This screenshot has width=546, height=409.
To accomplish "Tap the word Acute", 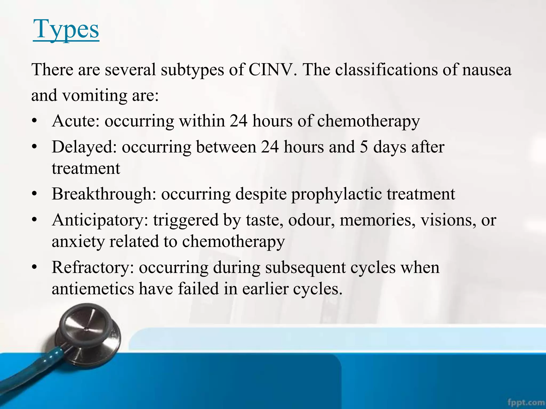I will [75, 121].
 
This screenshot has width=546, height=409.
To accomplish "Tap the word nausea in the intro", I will [487, 70].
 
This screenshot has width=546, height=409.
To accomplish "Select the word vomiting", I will [95, 95].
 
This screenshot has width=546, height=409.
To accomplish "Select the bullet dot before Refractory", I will [34, 267].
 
